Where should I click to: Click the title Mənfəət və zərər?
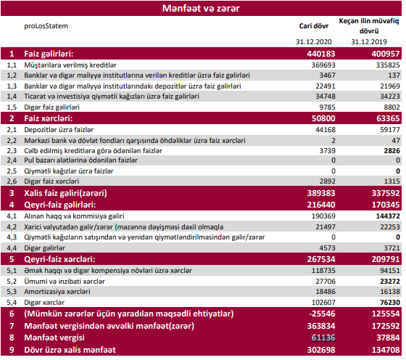201,8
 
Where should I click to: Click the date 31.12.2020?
313,41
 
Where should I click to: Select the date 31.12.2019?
369,41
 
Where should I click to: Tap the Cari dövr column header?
313,26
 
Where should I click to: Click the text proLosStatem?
46,26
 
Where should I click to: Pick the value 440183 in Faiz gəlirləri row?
321,54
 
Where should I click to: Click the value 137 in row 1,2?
394,75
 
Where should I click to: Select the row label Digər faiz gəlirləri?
51,107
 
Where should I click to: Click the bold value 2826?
392,150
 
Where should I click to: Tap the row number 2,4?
12,160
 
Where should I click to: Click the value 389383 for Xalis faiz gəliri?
321,193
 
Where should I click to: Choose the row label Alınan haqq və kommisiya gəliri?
74,216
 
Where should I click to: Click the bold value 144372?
388,216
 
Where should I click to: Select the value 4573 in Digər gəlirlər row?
327,248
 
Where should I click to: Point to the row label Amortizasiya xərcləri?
57,292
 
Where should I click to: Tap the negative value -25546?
322,314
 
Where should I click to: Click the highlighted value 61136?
323,337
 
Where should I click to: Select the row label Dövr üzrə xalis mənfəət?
70,350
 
